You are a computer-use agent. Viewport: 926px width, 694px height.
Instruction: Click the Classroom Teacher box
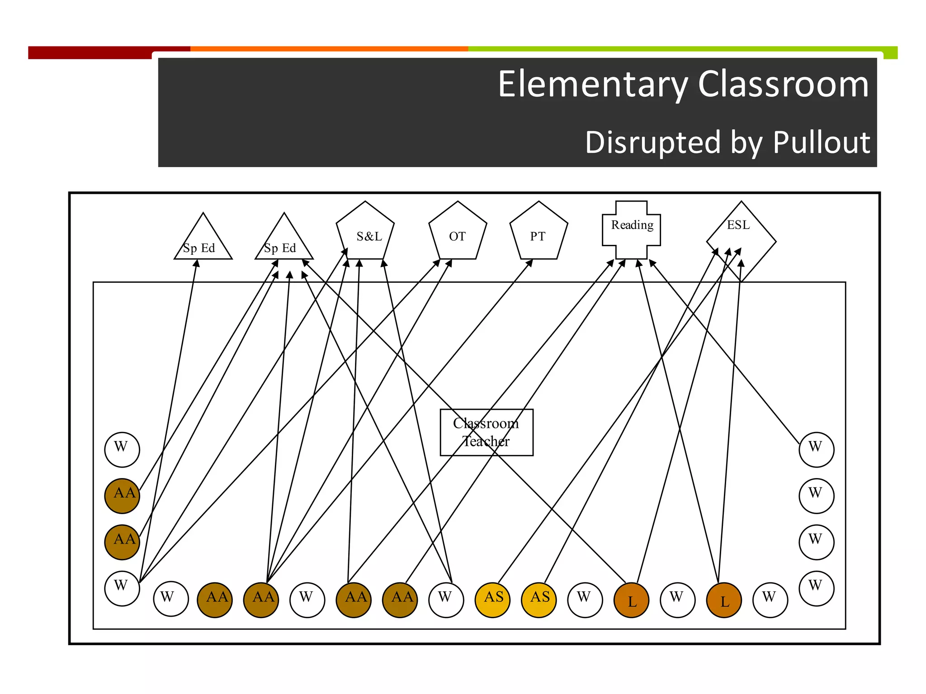[487, 432]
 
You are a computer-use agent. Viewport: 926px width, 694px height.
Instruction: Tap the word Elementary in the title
[592, 84]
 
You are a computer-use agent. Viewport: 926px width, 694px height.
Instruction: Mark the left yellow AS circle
[492, 600]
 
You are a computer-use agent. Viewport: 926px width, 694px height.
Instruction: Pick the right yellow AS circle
[539, 600]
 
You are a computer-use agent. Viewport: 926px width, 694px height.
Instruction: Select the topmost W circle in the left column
[122, 450]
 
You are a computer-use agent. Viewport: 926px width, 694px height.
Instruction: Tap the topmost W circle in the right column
[816, 450]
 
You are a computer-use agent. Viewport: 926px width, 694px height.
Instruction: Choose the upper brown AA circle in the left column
[122, 496]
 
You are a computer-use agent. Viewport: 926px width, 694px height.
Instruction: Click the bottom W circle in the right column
[816, 588]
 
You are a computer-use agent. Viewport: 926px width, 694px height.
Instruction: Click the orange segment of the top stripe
[329, 48]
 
